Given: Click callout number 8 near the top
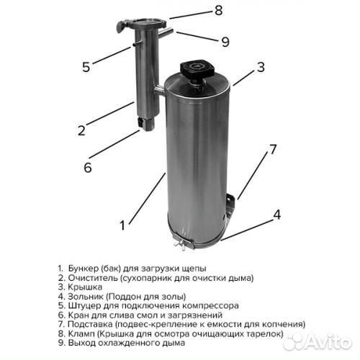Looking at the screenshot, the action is (218, 11).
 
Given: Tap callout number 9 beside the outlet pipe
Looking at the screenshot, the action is (225, 42).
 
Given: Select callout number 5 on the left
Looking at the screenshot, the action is (86, 67).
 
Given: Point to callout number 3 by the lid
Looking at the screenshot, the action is (261, 67).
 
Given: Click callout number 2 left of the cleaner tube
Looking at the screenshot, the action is (81, 130).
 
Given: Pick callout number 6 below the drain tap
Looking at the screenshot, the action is (88, 167).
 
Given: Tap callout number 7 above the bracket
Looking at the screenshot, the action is (272, 149).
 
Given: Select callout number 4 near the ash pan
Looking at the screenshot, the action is (277, 215).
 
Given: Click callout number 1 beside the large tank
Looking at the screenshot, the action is (122, 225).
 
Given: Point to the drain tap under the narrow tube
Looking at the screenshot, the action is (145, 124).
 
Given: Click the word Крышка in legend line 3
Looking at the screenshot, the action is (85, 287).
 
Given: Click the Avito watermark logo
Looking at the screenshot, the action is (318, 341).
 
